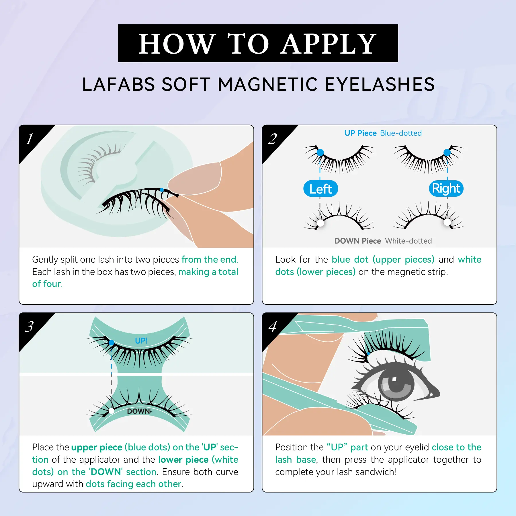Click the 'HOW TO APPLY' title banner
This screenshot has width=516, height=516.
[x=258, y=43]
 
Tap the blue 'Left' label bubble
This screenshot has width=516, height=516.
[x=321, y=189]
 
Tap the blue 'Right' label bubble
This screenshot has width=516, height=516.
[x=446, y=188]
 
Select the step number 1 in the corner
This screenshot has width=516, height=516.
[x=30, y=139]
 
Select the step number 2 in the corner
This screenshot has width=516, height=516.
[x=273, y=139]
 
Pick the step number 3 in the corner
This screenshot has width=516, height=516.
[x=29, y=327]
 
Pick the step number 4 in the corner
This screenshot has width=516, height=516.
[x=273, y=327]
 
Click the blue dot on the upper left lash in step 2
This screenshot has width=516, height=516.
[x=320, y=153]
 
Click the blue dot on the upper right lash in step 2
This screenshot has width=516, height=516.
[x=447, y=153]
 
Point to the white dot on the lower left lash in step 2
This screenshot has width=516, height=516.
[x=320, y=223]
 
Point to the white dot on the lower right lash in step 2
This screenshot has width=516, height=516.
[x=447, y=222]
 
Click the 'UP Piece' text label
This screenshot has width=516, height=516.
[x=360, y=133]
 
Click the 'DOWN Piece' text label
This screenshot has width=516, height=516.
[x=357, y=241]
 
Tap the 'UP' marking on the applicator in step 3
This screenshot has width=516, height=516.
[x=141, y=341]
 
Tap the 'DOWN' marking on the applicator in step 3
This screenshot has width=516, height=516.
[x=139, y=411]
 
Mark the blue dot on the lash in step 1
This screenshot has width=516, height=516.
[x=162, y=190]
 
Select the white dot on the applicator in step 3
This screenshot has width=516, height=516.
[x=112, y=411]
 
